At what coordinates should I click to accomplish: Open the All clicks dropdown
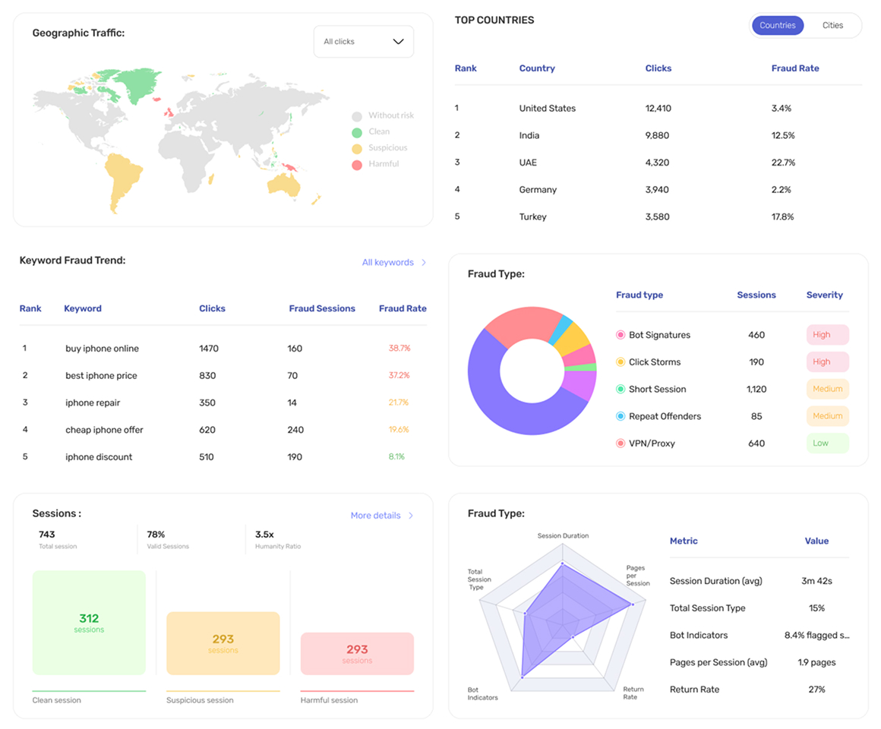364,42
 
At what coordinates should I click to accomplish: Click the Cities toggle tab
832,25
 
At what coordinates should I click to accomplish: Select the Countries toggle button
778,25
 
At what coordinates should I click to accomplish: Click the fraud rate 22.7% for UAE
783,163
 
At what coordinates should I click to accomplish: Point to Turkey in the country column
532,216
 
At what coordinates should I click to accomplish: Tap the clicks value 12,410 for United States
658,109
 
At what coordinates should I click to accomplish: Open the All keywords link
394,262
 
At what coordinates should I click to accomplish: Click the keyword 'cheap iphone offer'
104,430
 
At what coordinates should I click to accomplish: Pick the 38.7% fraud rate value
399,349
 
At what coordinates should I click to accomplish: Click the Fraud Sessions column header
322,308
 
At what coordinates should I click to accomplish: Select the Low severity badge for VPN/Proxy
827,443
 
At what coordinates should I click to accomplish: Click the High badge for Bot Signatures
827,335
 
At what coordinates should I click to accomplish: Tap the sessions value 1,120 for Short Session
756,390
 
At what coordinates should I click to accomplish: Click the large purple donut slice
506,411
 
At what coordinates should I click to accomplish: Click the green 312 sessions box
89,622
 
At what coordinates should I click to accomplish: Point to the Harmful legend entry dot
357,165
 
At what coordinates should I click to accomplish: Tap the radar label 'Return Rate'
633,693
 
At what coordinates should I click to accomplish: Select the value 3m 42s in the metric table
816,581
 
